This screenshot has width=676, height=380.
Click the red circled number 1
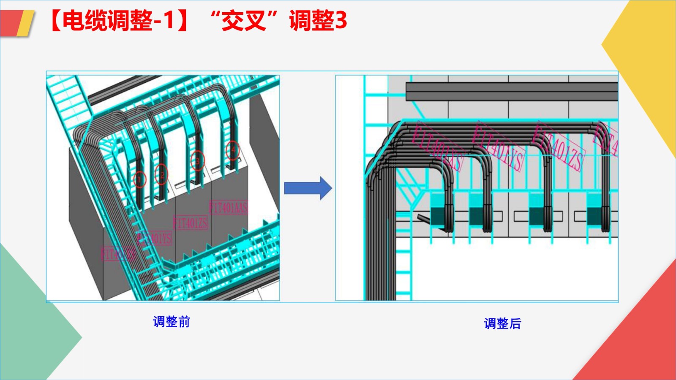139,179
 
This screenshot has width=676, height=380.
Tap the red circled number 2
161,175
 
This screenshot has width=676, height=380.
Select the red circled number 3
197,161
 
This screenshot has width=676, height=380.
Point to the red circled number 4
232,149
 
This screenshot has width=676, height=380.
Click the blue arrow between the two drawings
308,188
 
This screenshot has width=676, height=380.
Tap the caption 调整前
172,322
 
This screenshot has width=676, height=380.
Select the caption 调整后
502,323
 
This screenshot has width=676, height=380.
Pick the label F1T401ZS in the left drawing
191,223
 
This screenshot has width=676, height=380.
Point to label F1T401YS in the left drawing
155,239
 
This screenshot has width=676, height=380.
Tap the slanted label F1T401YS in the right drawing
499,146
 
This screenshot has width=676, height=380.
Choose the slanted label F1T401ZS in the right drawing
559,146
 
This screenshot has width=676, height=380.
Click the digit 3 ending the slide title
341,20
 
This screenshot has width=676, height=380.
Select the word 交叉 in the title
244,20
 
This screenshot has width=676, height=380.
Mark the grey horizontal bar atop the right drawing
511,91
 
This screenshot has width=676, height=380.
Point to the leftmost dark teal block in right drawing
438,215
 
